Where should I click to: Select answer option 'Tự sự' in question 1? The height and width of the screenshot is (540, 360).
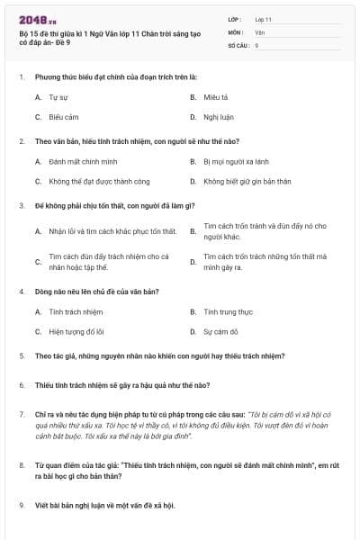[58, 96]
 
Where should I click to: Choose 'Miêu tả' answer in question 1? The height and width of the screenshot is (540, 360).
[215, 96]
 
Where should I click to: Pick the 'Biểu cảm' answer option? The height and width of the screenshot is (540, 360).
[64, 117]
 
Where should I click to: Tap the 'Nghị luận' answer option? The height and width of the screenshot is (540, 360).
[217, 117]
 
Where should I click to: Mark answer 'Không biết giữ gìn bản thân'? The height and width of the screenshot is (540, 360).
[247, 182]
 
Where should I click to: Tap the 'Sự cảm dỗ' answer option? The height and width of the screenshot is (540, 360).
[220, 331]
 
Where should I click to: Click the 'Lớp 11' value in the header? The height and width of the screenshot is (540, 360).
[264, 19]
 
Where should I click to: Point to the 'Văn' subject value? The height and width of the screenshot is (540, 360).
[260, 31]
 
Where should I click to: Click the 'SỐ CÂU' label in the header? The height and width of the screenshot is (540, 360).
[238, 45]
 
